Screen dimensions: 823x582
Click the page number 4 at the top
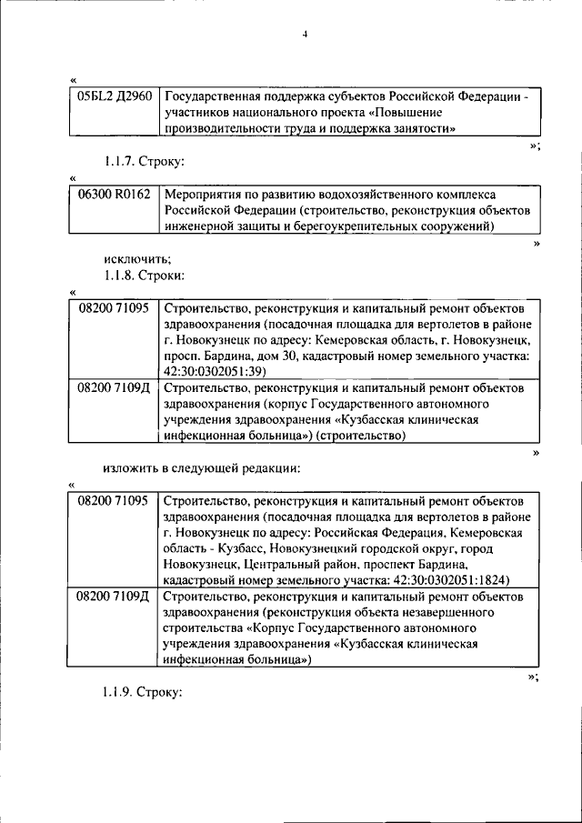(306, 35)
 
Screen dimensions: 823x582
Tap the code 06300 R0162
(113, 196)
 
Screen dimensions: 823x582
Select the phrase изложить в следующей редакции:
(202, 467)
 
